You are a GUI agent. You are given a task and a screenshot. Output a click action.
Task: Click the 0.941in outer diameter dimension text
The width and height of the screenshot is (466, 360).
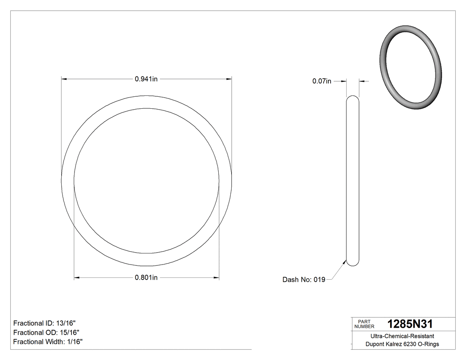(146, 79)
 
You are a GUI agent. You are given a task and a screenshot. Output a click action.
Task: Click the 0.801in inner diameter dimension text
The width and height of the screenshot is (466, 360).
(146, 278)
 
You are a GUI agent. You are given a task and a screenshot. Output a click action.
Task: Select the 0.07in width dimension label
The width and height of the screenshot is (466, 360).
(322, 81)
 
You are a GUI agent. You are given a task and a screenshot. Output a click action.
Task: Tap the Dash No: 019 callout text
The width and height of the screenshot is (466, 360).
(304, 280)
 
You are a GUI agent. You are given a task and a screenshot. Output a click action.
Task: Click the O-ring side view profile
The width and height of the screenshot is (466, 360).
(352, 181)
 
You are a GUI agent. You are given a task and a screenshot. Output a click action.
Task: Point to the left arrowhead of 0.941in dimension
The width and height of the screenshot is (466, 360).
(63, 79)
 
